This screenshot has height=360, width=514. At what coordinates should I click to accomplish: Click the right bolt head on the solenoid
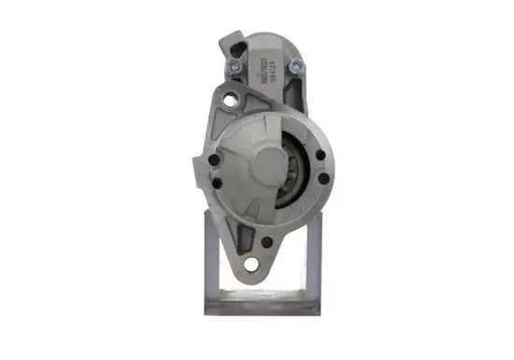pyautogui.click(x=295, y=65)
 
